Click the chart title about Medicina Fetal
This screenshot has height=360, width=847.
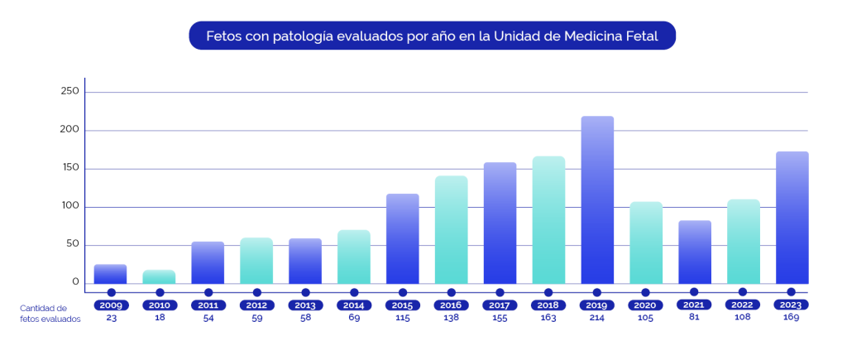(432, 36)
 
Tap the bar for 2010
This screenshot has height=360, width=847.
(159, 276)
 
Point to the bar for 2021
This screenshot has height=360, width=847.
(695, 252)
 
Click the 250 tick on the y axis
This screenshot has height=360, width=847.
(69, 92)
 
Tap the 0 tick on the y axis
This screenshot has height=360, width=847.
(75, 282)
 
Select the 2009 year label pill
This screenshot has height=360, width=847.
(111, 305)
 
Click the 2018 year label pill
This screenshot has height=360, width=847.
(548, 305)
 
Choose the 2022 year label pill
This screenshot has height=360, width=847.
(743, 305)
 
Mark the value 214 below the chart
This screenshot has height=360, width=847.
(597, 319)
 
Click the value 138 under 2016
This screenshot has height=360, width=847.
(451, 319)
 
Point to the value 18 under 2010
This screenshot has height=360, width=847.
(159, 319)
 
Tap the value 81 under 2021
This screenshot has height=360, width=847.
(694, 319)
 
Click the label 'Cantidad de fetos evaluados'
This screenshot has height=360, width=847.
(50, 314)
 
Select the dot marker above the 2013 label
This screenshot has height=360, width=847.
(305, 292)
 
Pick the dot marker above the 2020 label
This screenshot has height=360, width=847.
(646, 292)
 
